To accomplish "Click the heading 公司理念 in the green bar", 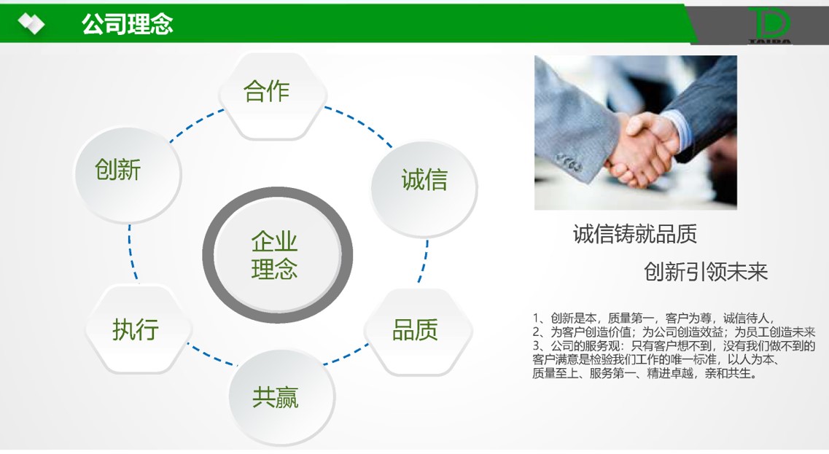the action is coord(127,24).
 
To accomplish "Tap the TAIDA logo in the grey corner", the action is coord(770,26).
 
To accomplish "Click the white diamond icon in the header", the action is coord(31,23).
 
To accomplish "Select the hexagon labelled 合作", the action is coord(273,95).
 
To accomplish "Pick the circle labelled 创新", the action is coord(128,174).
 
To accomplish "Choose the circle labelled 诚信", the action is coord(424,188).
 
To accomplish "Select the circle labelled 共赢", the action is coord(281,396).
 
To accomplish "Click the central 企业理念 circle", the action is coord(277,255).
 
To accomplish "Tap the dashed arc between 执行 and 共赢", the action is coord(211,356).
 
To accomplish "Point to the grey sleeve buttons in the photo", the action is coord(569,163).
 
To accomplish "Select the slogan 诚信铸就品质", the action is coord(634,234).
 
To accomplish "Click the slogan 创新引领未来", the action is coord(705,272).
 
